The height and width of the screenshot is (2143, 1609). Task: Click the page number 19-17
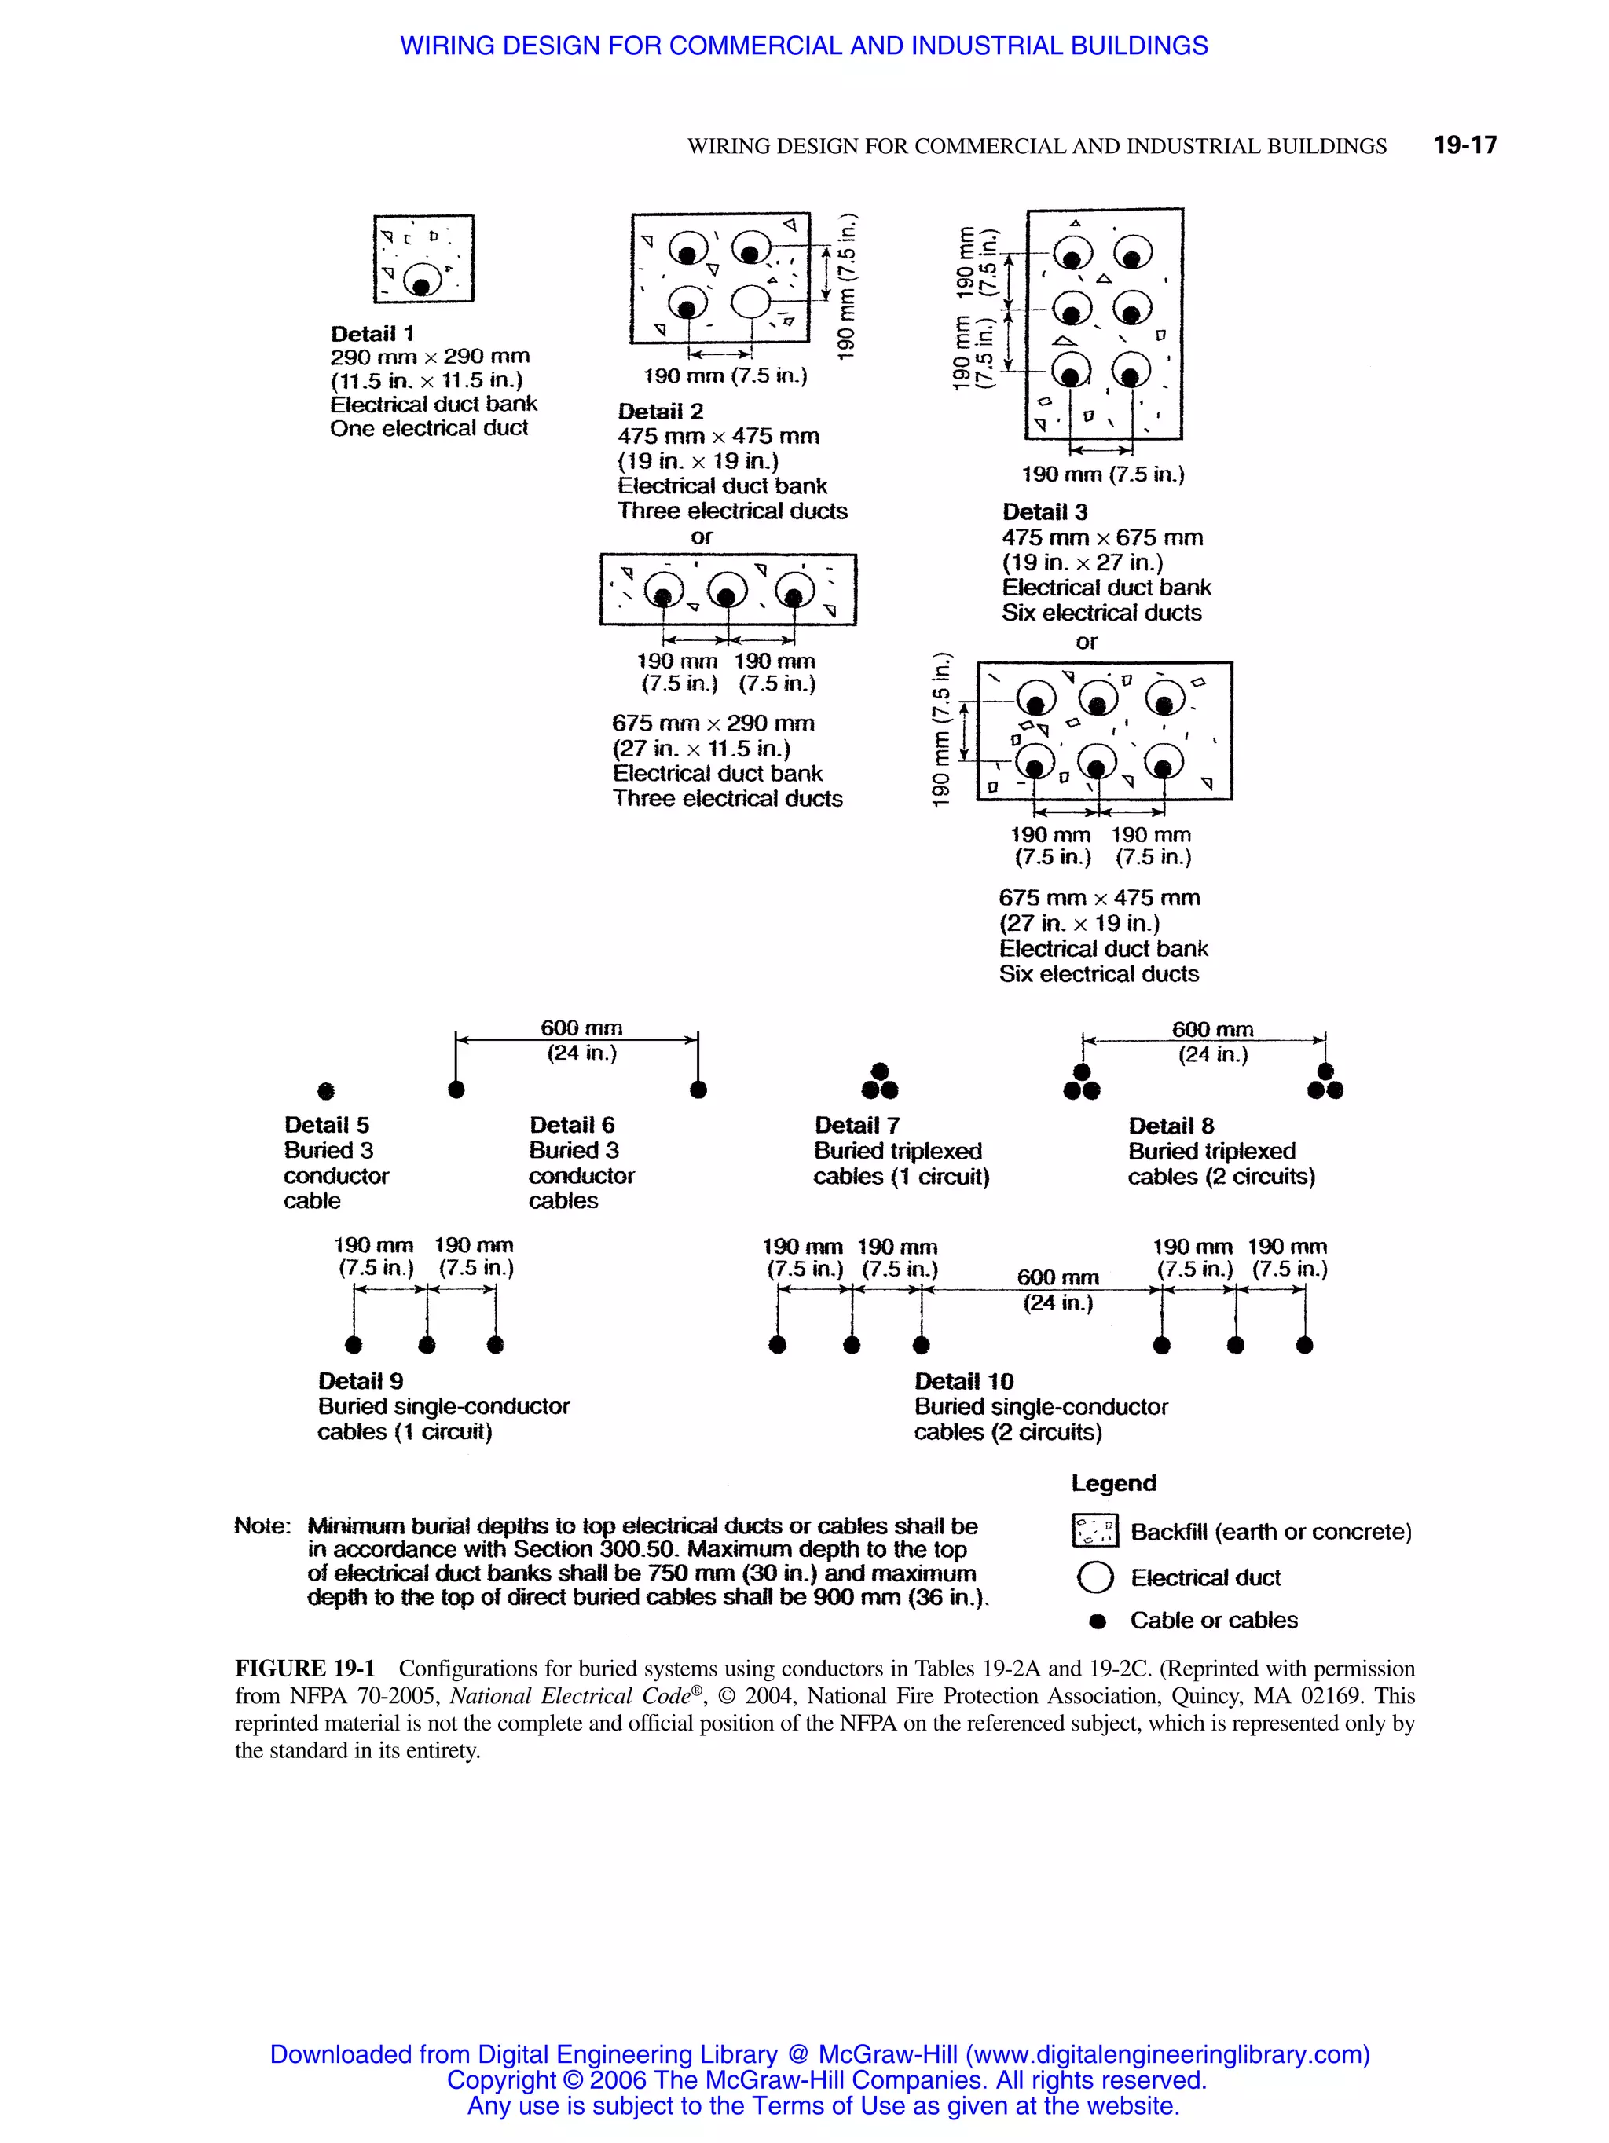tap(1464, 145)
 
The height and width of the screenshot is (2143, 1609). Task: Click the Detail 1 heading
tap(372, 333)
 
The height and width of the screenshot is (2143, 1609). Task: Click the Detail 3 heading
tap(1044, 511)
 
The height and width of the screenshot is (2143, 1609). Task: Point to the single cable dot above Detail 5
tap(327, 1091)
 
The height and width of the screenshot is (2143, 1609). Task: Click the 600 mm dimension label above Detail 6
tap(581, 1028)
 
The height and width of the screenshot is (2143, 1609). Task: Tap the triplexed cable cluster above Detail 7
tap(880, 1082)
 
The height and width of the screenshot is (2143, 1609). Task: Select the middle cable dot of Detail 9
tap(427, 1345)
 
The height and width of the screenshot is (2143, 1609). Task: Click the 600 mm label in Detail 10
tap(1057, 1278)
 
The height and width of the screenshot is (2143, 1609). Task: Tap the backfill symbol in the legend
tap(1094, 1532)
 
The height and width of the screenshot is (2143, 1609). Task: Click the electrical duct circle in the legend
tap(1094, 1577)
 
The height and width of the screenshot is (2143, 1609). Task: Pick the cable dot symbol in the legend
tap(1097, 1621)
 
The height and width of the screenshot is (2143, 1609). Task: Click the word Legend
tap(1113, 1483)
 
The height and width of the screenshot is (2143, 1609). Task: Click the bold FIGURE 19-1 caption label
tap(304, 1669)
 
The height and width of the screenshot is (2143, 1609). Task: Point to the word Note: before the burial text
tap(262, 1526)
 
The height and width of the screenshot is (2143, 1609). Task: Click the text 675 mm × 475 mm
tap(1098, 898)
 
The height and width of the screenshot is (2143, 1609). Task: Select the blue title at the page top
tap(804, 46)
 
